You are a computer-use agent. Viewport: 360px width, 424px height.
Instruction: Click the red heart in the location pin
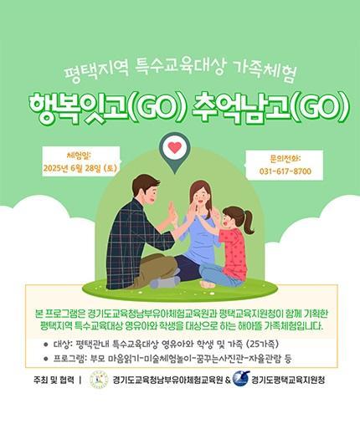(174, 148)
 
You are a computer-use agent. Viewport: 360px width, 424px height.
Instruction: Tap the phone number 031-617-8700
(285, 171)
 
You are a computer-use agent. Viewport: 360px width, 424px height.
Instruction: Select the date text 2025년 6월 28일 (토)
(80, 168)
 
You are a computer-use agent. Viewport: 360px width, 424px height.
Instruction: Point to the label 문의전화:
(285, 158)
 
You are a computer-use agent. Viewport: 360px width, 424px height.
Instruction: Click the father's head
(146, 191)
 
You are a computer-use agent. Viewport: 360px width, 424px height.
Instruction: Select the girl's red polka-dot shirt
(234, 251)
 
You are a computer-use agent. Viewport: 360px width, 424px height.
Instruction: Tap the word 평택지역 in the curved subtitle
(95, 70)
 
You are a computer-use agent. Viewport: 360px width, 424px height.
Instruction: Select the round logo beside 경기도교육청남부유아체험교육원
(99, 380)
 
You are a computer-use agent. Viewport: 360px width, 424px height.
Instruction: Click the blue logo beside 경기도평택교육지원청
(240, 379)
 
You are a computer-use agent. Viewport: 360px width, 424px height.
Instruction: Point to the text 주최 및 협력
(54, 380)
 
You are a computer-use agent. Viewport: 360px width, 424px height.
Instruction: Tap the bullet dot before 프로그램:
(46, 359)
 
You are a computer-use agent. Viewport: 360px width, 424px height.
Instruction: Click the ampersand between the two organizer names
(228, 380)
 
